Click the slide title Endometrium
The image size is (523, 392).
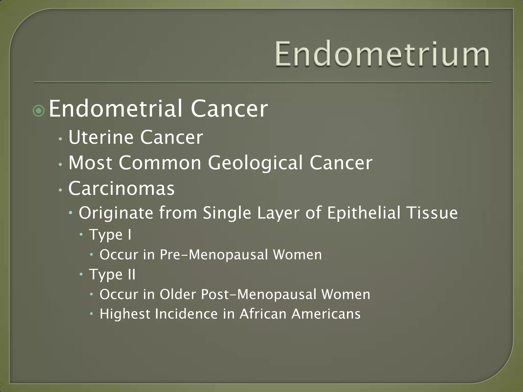[382, 54]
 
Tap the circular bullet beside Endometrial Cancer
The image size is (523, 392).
[39, 111]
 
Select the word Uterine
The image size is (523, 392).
[101, 137]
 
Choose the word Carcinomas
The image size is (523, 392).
[122, 188]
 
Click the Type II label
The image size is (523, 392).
[112, 275]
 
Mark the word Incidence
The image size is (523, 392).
[186, 314]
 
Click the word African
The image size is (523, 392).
[263, 314]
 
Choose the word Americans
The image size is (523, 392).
[326, 314]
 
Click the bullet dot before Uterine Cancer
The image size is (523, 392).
[60, 139]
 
